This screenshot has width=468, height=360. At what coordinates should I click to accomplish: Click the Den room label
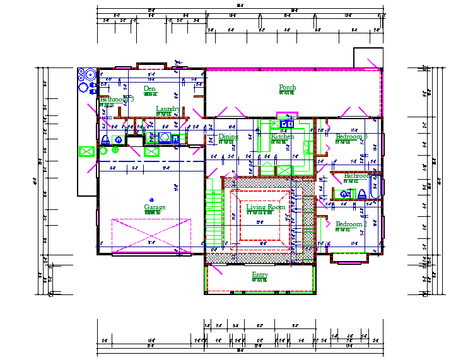pos(149,89)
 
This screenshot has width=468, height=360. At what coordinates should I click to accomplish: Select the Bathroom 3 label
pos(117,100)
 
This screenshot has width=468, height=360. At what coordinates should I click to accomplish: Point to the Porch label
pos(288,88)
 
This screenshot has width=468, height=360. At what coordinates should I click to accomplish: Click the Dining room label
pos(228,136)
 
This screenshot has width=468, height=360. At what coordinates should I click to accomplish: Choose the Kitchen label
pos(283,136)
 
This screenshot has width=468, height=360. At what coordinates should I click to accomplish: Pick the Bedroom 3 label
pos(351,137)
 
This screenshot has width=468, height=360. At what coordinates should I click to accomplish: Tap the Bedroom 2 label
pos(351,224)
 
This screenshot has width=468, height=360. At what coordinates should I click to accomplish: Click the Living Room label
pos(266,207)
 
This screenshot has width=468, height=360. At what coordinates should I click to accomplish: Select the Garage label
pos(155,207)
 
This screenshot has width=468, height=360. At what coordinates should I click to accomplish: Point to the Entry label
pos(260,275)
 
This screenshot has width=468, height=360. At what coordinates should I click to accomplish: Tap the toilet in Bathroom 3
pos(105,140)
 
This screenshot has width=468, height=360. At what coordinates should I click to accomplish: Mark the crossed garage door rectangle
pos(151,236)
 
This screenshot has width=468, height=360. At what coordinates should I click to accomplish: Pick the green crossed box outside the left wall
pos(86,151)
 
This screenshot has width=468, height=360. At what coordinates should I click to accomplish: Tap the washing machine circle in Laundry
pos(165,137)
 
